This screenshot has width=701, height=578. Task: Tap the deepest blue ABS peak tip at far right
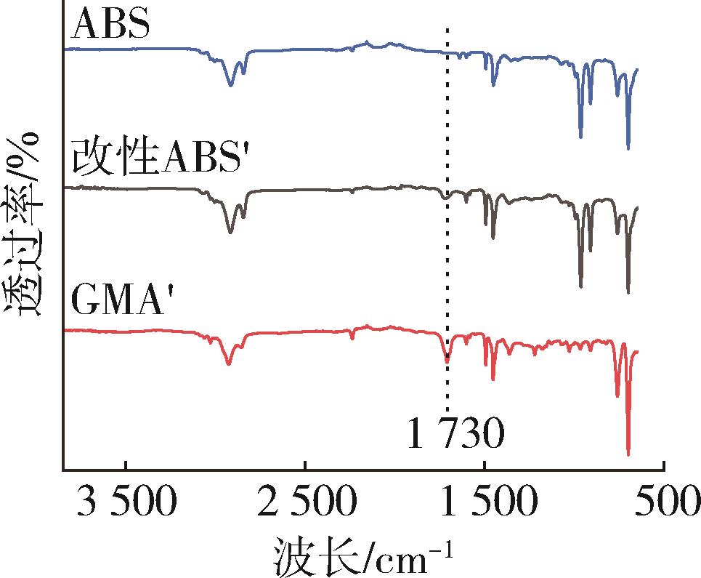[628, 149]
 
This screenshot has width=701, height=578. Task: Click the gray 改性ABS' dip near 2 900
[231, 233]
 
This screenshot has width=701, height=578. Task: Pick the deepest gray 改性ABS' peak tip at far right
[628, 293]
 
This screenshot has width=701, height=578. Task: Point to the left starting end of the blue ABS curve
[65, 49]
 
